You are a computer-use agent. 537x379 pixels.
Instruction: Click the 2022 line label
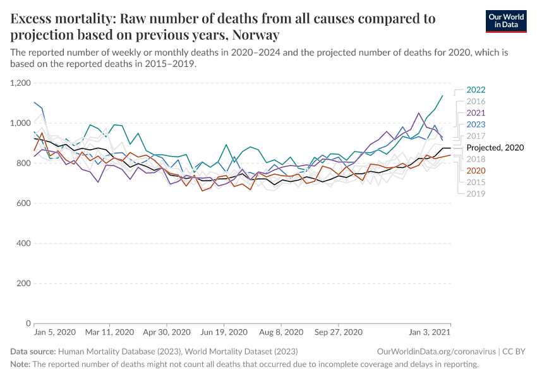tap(476, 90)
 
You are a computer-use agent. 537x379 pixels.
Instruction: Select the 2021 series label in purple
tap(476, 112)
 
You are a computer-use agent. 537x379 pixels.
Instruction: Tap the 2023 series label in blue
tap(476, 124)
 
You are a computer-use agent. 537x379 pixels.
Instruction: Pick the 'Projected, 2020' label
tap(495, 147)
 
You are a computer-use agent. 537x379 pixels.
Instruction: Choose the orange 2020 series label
tap(476, 171)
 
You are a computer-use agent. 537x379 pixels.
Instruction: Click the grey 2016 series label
tap(476, 101)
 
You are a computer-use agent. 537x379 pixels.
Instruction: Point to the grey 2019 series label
tap(476, 193)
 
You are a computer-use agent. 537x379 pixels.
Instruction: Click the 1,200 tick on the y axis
tap(20, 83)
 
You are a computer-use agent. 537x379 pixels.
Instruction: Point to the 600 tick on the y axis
tap(23, 203)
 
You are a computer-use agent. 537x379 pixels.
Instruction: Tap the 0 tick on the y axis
tap(28, 323)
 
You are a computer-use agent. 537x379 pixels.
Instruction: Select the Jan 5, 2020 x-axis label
tap(54, 332)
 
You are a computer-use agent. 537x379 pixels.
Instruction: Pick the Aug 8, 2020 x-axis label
tap(281, 332)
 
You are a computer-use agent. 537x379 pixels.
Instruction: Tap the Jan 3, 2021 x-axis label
tap(430, 332)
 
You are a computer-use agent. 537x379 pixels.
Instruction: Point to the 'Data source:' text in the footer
tap(33, 351)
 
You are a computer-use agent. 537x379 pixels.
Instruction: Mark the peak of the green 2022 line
tap(442, 96)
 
